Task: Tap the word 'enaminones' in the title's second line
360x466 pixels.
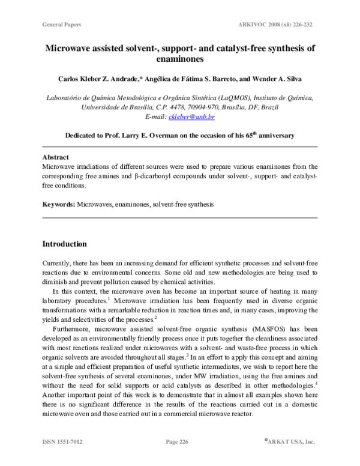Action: (x=179, y=60)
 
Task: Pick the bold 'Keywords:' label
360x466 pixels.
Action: (x=58, y=205)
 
